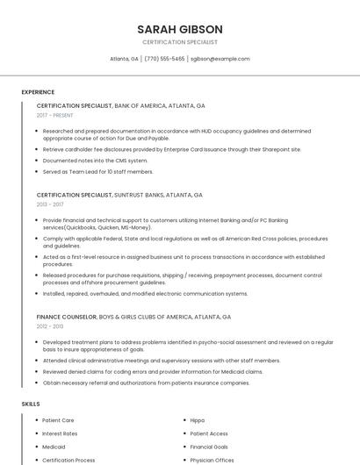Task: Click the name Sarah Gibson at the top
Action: (180, 29)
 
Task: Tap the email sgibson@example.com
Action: (220, 59)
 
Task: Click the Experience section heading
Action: (38, 92)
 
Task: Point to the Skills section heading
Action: (31, 404)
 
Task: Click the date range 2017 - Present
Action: (55, 115)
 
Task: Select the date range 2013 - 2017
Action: (50, 204)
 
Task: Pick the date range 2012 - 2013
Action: (50, 325)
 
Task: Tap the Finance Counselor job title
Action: (67, 316)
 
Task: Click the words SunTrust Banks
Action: (134, 195)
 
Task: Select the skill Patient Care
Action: (58, 420)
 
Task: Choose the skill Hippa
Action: (198, 420)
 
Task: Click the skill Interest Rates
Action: (60, 433)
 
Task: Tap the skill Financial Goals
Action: (209, 447)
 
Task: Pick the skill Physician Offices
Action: (212, 460)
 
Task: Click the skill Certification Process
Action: (68, 460)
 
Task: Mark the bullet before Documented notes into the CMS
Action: (36, 161)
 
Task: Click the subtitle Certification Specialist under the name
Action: (180, 42)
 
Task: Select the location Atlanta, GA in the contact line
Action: (124, 59)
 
